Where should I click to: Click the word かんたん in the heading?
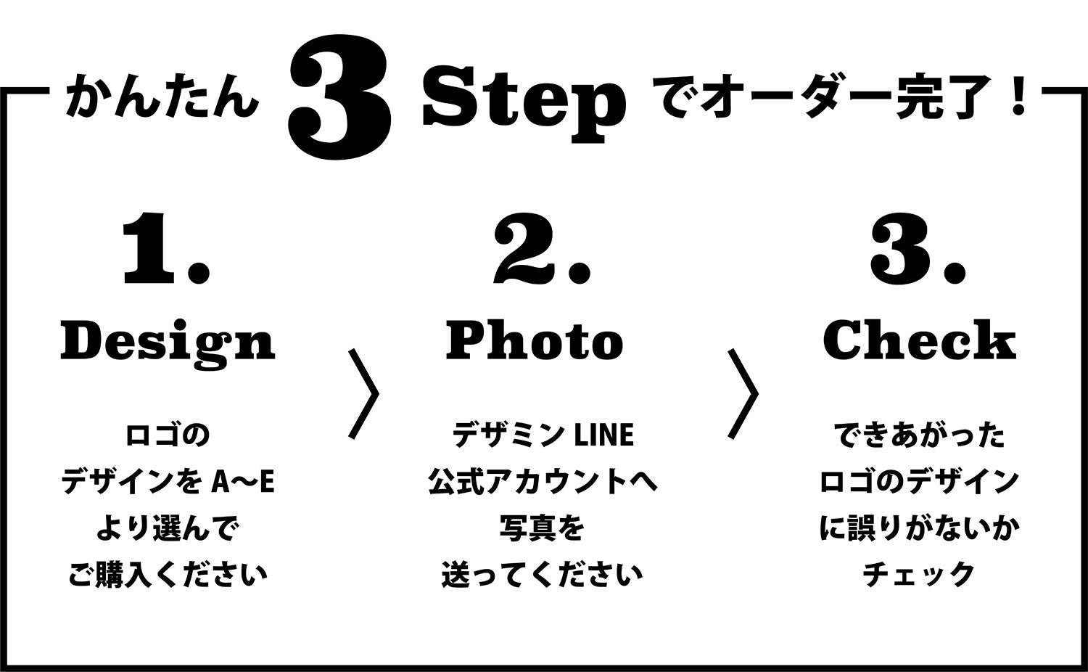coord(161,97)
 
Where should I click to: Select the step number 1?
coord(166,249)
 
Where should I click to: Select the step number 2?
coord(542,249)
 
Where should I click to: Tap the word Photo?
coord(535,340)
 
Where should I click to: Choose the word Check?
coord(920,340)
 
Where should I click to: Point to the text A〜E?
coord(243,483)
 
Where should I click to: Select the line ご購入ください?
coord(168,575)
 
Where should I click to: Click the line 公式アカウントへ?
coord(543,482)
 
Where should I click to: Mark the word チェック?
coord(919,575)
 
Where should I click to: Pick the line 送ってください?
coord(542,575)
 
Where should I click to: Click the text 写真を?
coord(542,528)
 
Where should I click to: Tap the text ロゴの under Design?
coord(168,435)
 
